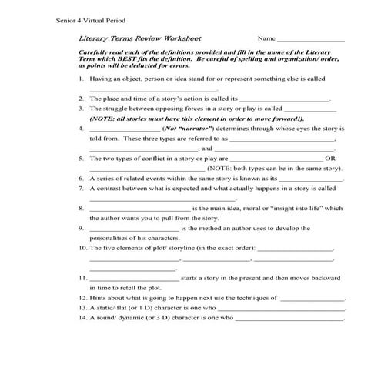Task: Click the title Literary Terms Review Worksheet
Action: point(139,38)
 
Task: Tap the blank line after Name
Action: point(310,39)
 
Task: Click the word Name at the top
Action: point(266,38)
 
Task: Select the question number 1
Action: point(81,79)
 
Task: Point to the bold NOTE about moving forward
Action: point(196,119)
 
